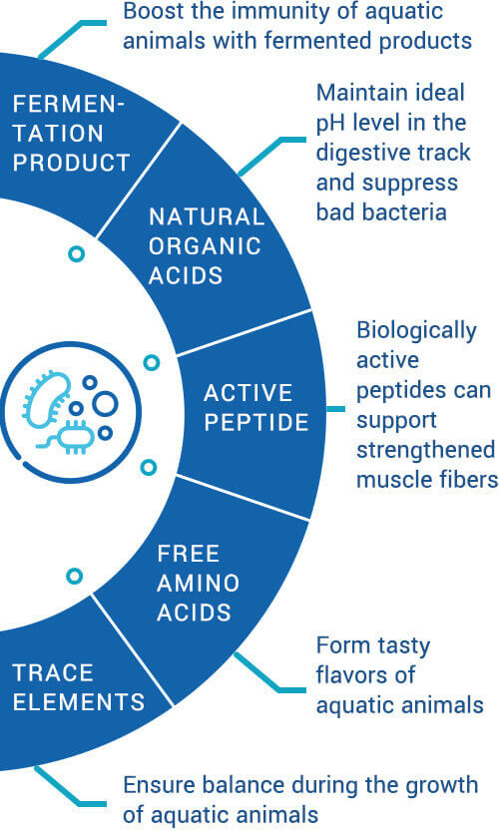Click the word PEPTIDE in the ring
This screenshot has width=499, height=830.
coord(256,422)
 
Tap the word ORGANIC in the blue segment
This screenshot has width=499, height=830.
coord(205,246)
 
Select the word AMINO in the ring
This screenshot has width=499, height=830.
coord(199,583)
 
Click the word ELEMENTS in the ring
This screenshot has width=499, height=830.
coord(79,702)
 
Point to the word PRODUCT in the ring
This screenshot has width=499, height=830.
coord(72,163)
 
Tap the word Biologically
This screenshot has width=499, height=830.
coord(416,331)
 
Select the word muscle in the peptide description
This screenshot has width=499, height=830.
coord(389,480)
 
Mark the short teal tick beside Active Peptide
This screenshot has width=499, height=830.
coord(336,409)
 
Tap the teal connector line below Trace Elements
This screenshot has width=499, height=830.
coord(65,791)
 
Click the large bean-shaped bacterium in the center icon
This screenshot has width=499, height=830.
coord(47,397)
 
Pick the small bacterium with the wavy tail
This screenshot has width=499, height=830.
coord(69,438)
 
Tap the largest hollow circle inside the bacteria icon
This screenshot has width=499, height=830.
coord(105,404)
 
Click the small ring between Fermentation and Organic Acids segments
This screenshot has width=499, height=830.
coord(77,254)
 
